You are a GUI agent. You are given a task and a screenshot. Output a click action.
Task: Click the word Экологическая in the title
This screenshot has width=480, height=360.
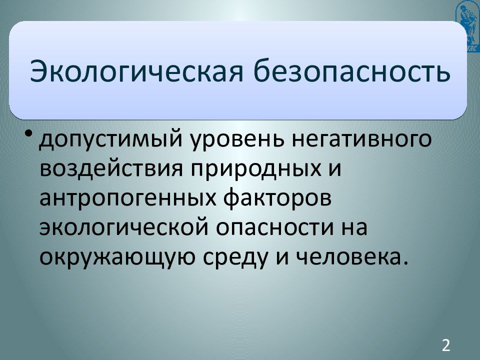tap(136, 70)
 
